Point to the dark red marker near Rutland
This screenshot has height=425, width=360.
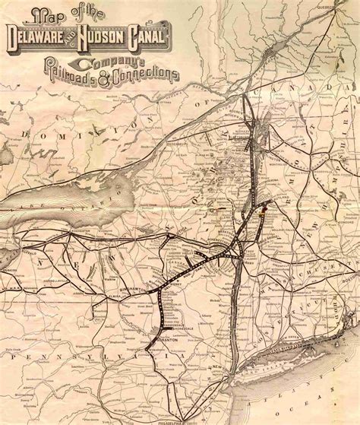click(265, 205)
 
